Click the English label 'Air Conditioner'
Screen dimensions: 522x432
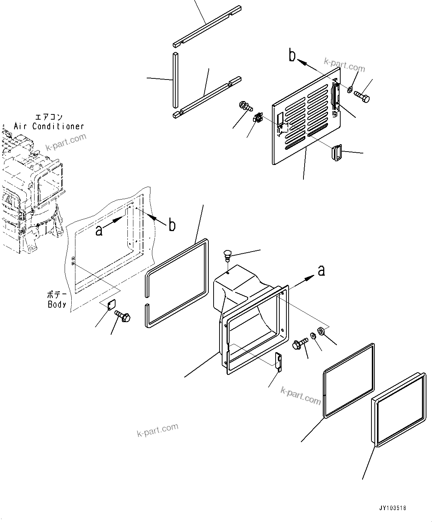point(49,126)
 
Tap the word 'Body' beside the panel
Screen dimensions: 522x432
point(57,304)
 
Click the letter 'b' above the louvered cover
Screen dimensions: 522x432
point(293,56)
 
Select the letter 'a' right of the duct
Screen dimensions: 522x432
point(321,270)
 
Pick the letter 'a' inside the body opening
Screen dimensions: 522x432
point(99,230)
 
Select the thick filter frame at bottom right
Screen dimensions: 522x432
point(397,408)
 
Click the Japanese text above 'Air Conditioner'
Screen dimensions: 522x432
point(49,117)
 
